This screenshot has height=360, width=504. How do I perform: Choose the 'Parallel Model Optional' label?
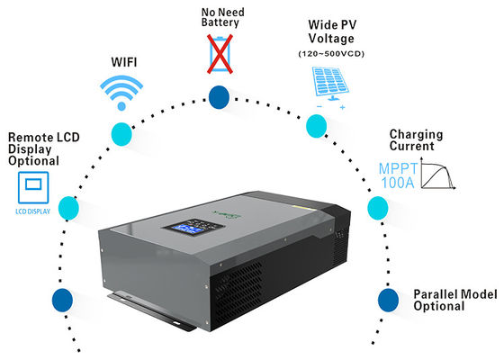tap(451, 300)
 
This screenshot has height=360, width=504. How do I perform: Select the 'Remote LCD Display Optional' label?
tap(33, 150)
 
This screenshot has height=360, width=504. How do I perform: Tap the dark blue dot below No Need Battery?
tap(219, 97)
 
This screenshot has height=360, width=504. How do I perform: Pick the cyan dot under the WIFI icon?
tap(120, 135)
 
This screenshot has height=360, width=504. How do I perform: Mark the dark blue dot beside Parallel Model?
tap(387, 299)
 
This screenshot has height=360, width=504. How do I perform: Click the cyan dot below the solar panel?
tap(316, 127)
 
